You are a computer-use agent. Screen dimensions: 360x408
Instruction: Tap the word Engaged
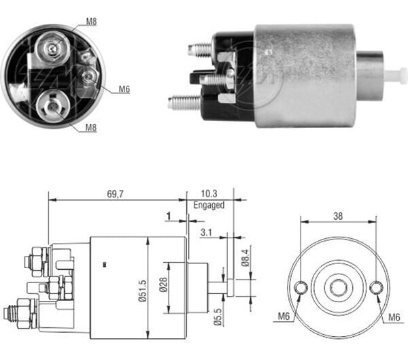[209, 204]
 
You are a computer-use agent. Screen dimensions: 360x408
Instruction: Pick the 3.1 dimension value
[205, 232]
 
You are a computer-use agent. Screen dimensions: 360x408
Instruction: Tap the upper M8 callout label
[91, 21]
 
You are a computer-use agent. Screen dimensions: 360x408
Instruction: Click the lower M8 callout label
[90, 127]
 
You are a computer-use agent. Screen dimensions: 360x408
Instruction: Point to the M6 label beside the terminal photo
[124, 88]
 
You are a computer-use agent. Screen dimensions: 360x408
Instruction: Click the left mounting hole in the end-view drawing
[301, 288]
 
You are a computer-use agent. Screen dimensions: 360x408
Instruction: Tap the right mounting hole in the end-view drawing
[376, 288]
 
